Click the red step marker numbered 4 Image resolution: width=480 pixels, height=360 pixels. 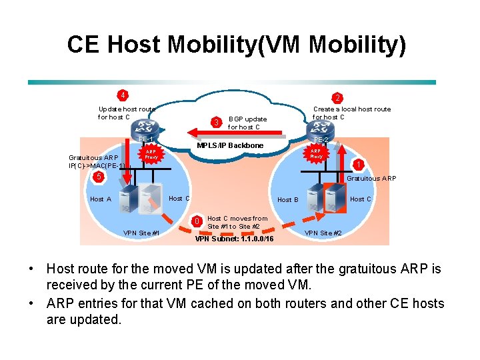coord(123,94)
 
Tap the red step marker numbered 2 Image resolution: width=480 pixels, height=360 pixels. coord(337,97)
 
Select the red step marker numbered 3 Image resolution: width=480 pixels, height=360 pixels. coord(215,122)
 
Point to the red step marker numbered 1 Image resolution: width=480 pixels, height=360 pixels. coord(359,165)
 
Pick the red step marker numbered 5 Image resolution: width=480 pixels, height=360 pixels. coord(98,177)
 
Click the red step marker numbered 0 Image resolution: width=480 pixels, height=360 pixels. coord(196,221)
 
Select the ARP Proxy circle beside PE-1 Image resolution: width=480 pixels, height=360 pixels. coord(151,154)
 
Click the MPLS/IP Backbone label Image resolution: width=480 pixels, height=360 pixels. coord(230,145)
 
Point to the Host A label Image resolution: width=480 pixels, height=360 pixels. coord(101,199)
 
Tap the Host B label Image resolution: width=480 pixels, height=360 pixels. coord(288,199)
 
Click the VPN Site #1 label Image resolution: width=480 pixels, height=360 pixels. coord(141,233)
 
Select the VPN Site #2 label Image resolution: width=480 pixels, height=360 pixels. coord(323,233)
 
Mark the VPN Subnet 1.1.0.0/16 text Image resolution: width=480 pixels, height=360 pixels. coord(233,239)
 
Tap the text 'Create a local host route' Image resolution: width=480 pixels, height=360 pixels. coord(352,109)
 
